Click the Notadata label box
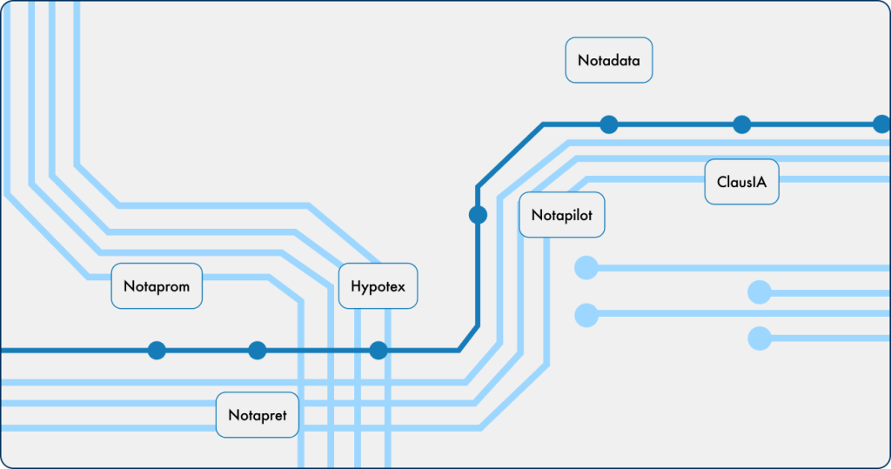[608, 60]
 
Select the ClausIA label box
[741, 182]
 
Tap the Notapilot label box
[561, 215]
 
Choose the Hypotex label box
[378, 285]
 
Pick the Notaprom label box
[157, 285]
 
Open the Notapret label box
[258, 414]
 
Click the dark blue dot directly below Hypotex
[379, 351]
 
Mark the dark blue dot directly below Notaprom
[157, 351]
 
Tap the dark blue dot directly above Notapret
[257, 351]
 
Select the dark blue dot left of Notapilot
[478, 214]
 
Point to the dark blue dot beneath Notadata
[609, 124]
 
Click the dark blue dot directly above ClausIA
[741, 124]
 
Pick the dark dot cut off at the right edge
[882, 124]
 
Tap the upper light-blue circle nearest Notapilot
[586, 267]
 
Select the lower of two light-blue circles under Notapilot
[586, 313]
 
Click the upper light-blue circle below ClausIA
[760, 291]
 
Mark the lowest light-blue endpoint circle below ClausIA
[760, 338]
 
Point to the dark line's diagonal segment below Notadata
[510, 156]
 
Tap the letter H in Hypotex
[357, 285]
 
